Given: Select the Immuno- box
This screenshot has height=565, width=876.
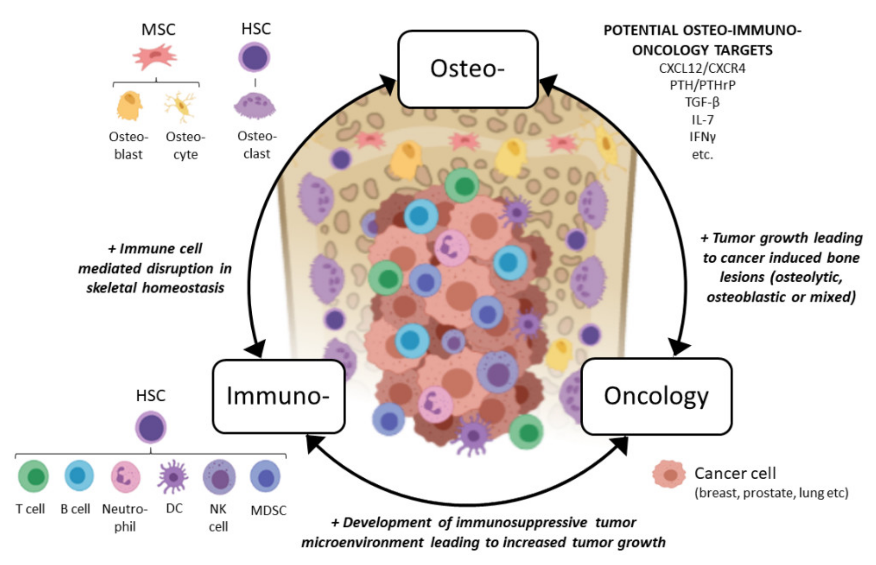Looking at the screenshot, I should pyautogui.click(x=278, y=396).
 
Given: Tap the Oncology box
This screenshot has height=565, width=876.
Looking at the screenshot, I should pyautogui.click(x=656, y=396).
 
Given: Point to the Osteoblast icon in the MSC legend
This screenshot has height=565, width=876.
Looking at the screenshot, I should pyautogui.click(x=129, y=105).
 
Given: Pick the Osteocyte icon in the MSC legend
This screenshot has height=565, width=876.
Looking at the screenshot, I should pyautogui.click(x=181, y=106).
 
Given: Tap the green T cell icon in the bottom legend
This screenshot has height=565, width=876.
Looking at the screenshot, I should pyautogui.click(x=33, y=476).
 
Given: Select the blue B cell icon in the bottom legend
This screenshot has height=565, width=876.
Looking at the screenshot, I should pyautogui.click(x=79, y=476).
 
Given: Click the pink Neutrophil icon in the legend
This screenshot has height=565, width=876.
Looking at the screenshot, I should pyautogui.click(x=125, y=476).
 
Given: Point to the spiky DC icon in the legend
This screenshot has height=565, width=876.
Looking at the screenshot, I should pyautogui.click(x=173, y=476).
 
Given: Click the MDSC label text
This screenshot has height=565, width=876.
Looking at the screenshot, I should pyautogui.click(x=268, y=510).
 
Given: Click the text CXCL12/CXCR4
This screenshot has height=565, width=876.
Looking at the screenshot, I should pyautogui.click(x=702, y=68).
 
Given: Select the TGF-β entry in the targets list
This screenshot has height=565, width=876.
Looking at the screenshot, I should pyautogui.click(x=702, y=102).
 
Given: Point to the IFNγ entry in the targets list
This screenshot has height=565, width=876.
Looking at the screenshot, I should pyautogui.click(x=702, y=137).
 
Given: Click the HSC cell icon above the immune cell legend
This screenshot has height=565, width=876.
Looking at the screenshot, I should pyautogui.click(x=151, y=427).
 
